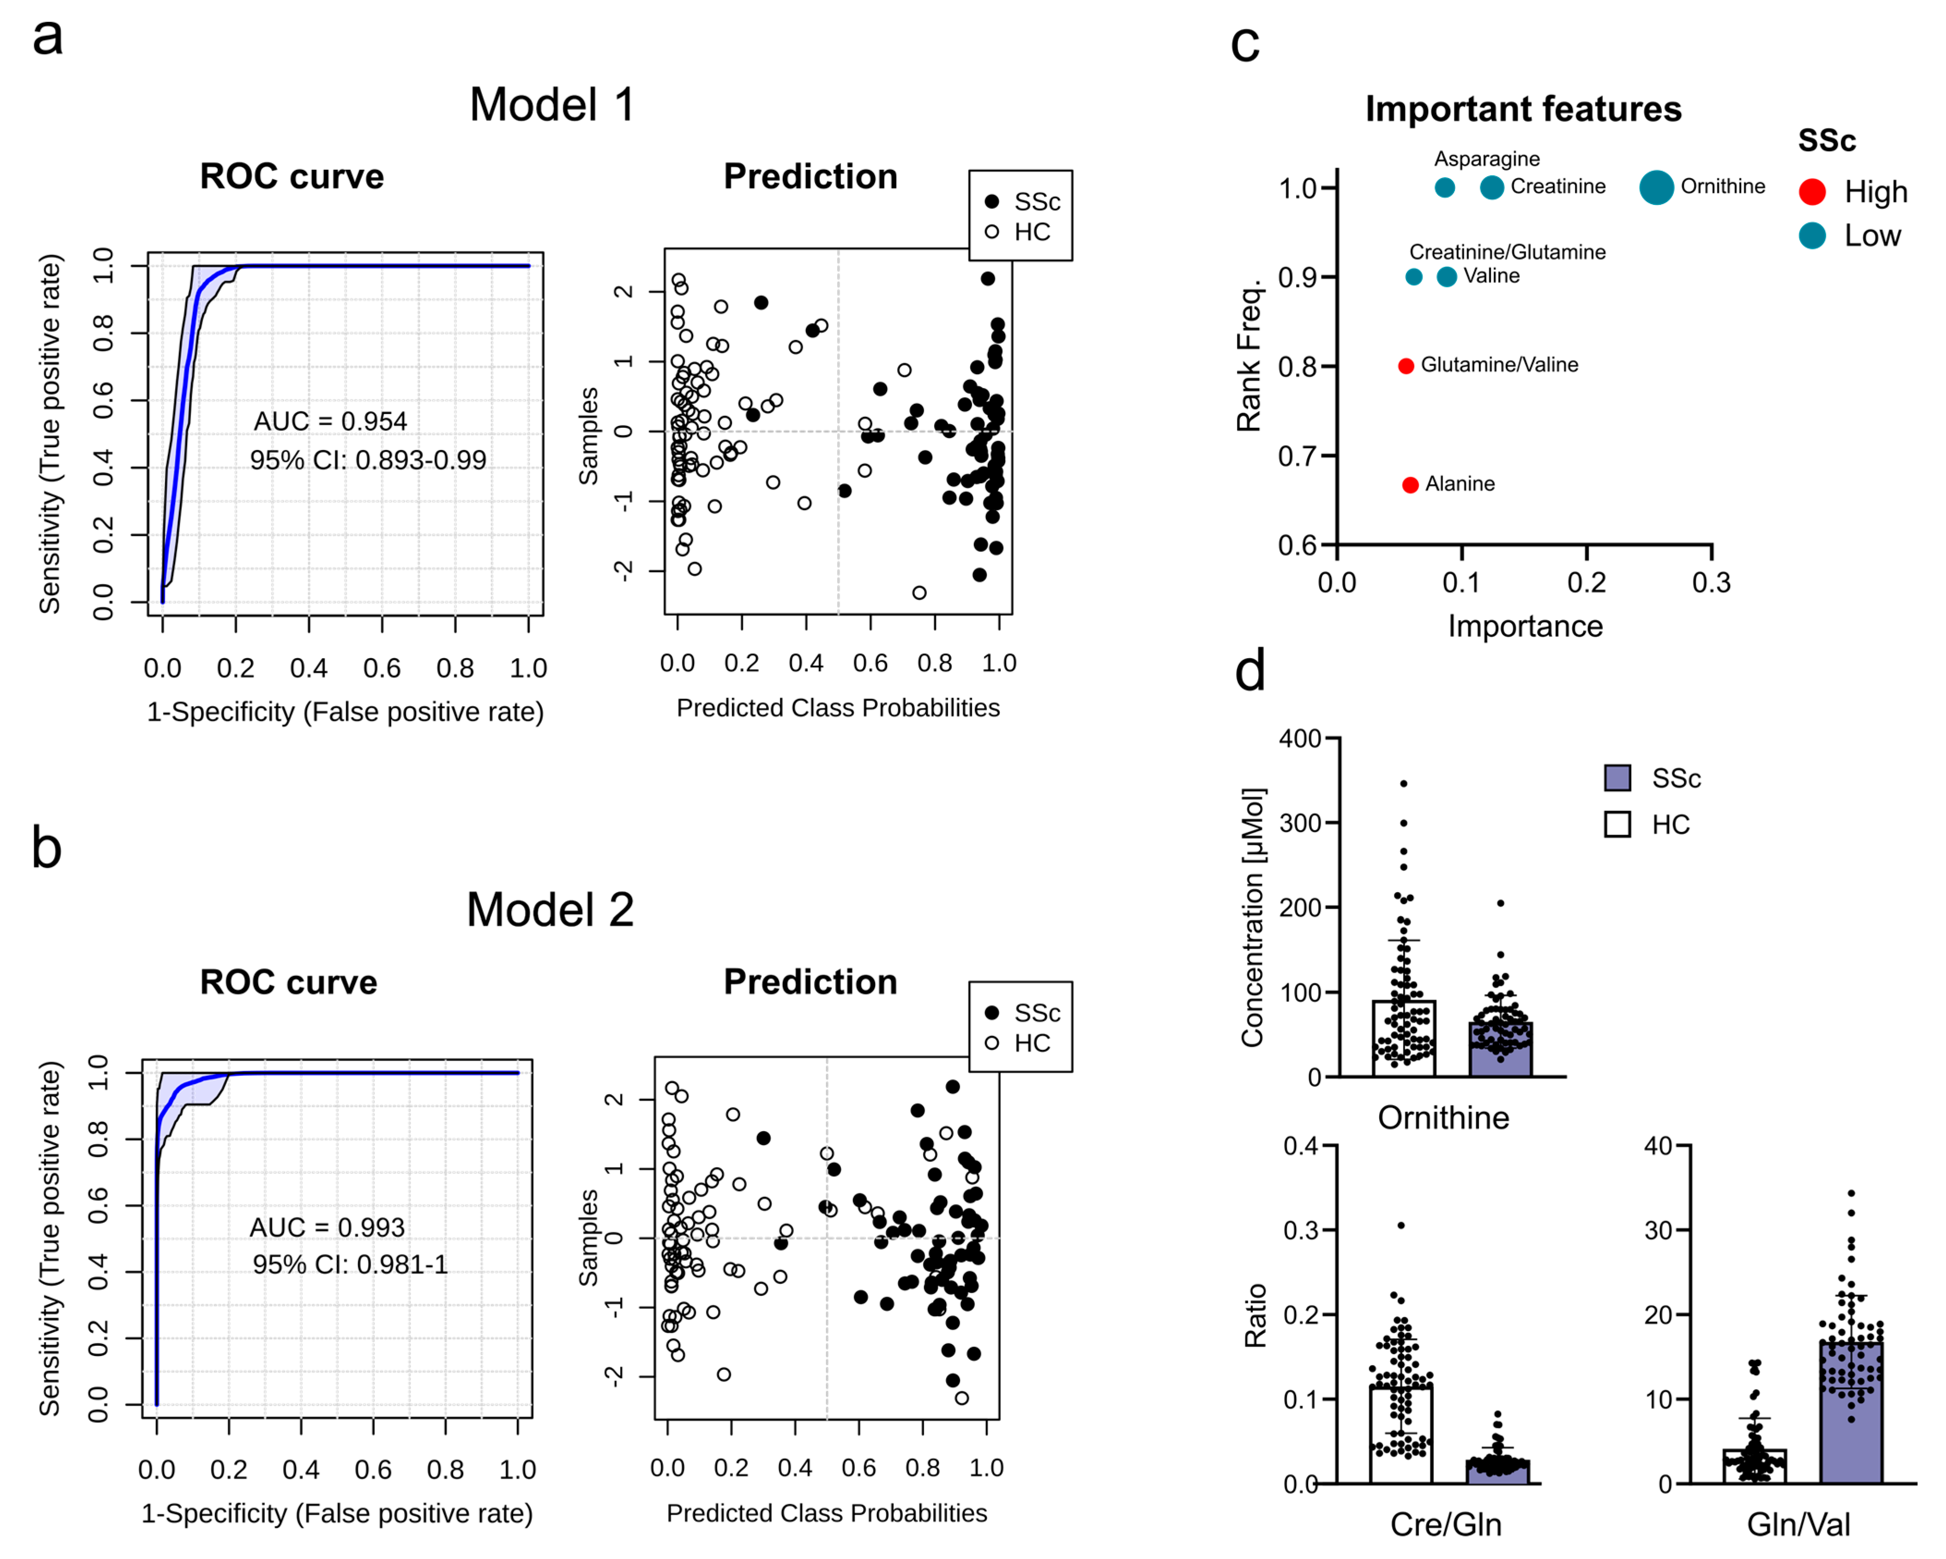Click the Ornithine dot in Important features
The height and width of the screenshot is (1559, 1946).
pyautogui.click(x=1656, y=187)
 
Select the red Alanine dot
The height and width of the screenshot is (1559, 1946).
pyautogui.click(x=1410, y=485)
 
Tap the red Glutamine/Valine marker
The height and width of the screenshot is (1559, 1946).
pyautogui.click(x=1405, y=366)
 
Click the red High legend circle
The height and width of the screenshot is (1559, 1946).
pyautogui.click(x=1812, y=192)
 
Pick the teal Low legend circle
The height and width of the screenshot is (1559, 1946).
pyautogui.click(x=1812, y=236)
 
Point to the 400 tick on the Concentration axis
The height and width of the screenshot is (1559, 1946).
pyautogui.click(x=1300, y=738)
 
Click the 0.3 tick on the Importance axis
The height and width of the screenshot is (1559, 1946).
pyautogui.click(x=1711, y=582)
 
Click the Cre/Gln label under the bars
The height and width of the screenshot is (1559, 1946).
pyautogui.click(x=1445, y=1524)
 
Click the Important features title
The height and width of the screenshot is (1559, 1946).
pyautogui.click(x=1523, y=108)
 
